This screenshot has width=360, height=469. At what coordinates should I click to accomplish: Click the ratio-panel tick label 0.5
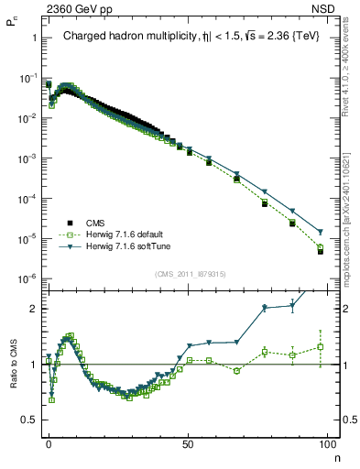29,420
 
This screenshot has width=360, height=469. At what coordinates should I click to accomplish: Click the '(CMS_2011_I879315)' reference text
191,274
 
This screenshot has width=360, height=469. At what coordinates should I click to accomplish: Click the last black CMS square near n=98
321,251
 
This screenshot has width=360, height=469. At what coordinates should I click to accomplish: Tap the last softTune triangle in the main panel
321,231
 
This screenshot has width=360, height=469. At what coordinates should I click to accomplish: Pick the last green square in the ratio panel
321,347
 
